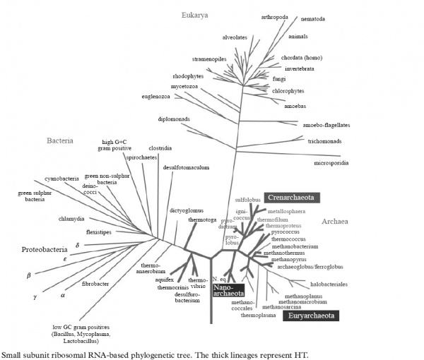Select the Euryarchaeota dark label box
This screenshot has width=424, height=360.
pos(313,317)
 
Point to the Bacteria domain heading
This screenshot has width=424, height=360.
pos(60,140)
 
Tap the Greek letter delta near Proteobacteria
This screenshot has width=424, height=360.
pos(77,244)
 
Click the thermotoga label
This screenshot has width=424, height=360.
pos(201,220)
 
